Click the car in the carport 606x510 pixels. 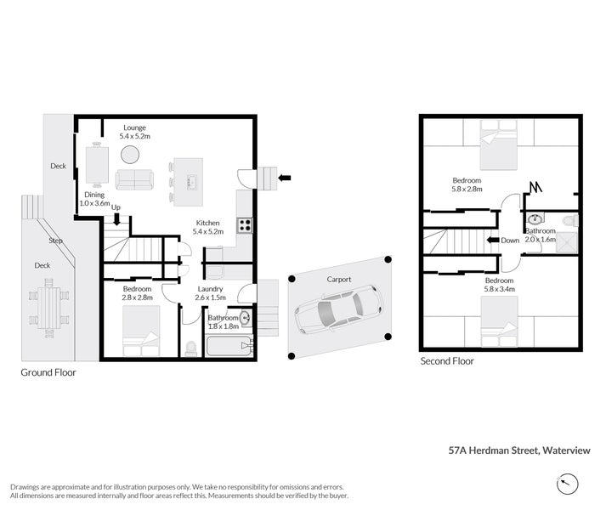click(x=338, y=312)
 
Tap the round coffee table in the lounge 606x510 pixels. click(x=130, y=155)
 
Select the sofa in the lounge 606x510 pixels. click(x=135, y=179)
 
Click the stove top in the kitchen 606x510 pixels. click(x=244, y=225)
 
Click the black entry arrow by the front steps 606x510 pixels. click(x=285, y=178)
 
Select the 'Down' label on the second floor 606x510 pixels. click(x=510, y=240)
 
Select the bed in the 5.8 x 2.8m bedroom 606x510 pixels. click(x=498, y=145)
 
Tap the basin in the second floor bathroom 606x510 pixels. click(x=535, y=218)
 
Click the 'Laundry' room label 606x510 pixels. click(x=210, y=288)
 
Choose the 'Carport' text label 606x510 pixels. click(x=339, y=279)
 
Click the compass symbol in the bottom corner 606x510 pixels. click(x=567, y=484)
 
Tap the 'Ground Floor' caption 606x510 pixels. click(x=48, y=372)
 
